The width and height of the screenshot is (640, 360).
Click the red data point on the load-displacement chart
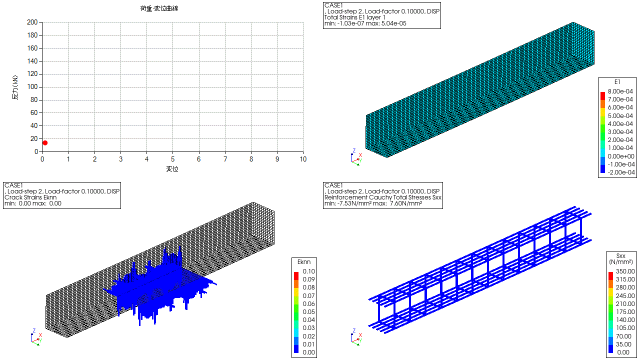click(x=45, y=143)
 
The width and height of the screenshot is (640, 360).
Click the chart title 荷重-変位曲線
click(x=159, y=8)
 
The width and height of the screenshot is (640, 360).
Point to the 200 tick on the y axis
click(x=32, y=22)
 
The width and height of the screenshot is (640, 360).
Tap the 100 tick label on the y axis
click(x=32, y=87)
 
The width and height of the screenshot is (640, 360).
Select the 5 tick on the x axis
click(x=173, y=159)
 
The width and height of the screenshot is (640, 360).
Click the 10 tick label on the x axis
click(x=303, y=159)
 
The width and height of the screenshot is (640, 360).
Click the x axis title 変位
click(x=172, y=169)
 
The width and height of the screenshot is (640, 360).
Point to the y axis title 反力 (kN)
click(x=15, y=87)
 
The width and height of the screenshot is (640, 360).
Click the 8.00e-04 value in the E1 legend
click(x=620, y=91)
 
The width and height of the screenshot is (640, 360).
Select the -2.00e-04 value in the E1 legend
click(x=621, y=172)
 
